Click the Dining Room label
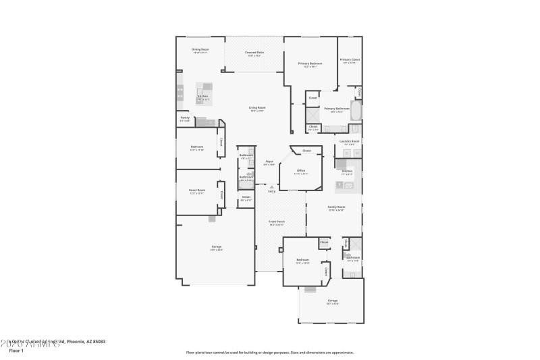pos(200,49)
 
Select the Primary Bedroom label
pos(310,63)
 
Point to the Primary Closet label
pos(350,59)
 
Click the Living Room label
pos(257,107)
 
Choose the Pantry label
pos(185,118)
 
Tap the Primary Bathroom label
pos(337,108)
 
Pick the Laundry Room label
pos(350,141)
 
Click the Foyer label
pos(269,161)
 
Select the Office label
pos(301,171)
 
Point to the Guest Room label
pos(196,190)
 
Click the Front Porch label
pos(277,222)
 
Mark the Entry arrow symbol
pos(271,187)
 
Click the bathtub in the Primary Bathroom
pos(356,109)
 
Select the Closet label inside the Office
pos(306,151)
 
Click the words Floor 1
pos(16,351)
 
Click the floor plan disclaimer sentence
pos(269,352)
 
